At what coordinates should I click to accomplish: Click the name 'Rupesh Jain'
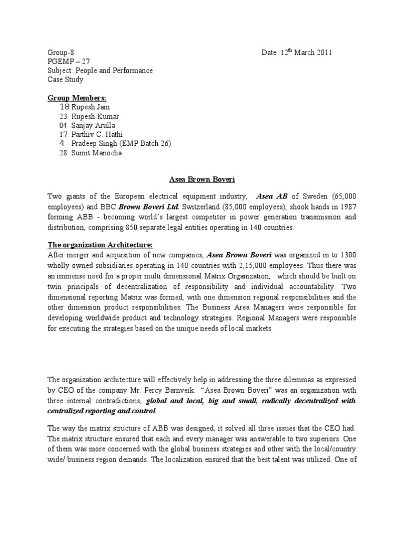click(92, 107)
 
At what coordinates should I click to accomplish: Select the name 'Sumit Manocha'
click(96, 153)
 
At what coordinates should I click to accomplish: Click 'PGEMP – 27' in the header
click(67, 62)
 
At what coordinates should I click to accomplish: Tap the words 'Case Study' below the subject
click(65, 79)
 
